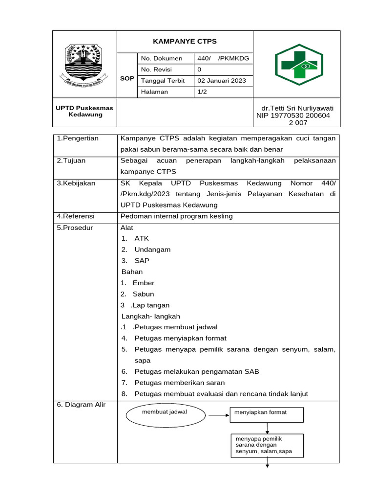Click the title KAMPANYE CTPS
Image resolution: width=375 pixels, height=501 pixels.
(185, 41)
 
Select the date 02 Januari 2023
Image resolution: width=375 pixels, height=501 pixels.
(221, 81)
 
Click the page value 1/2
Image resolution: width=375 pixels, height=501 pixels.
(203, 92)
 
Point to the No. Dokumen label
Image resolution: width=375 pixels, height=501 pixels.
(161, 58)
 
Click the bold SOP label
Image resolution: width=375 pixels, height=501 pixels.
(127, 78)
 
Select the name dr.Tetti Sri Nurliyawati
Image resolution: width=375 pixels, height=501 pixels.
(298, 108)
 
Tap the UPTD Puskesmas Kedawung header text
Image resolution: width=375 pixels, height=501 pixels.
(84, 111)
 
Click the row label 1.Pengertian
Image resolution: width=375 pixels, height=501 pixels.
(78, 138)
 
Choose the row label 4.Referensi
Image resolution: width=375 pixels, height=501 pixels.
(76, 216)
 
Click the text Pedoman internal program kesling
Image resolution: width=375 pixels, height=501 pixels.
(176, 216)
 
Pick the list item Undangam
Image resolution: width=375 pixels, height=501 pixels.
(152, 250)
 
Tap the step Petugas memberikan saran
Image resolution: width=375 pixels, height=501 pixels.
(179, 383)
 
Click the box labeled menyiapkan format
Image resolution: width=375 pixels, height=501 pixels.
(267, 413)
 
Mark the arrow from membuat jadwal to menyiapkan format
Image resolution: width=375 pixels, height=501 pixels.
(216, 415)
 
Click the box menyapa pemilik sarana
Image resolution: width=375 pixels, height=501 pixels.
(267, 445)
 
